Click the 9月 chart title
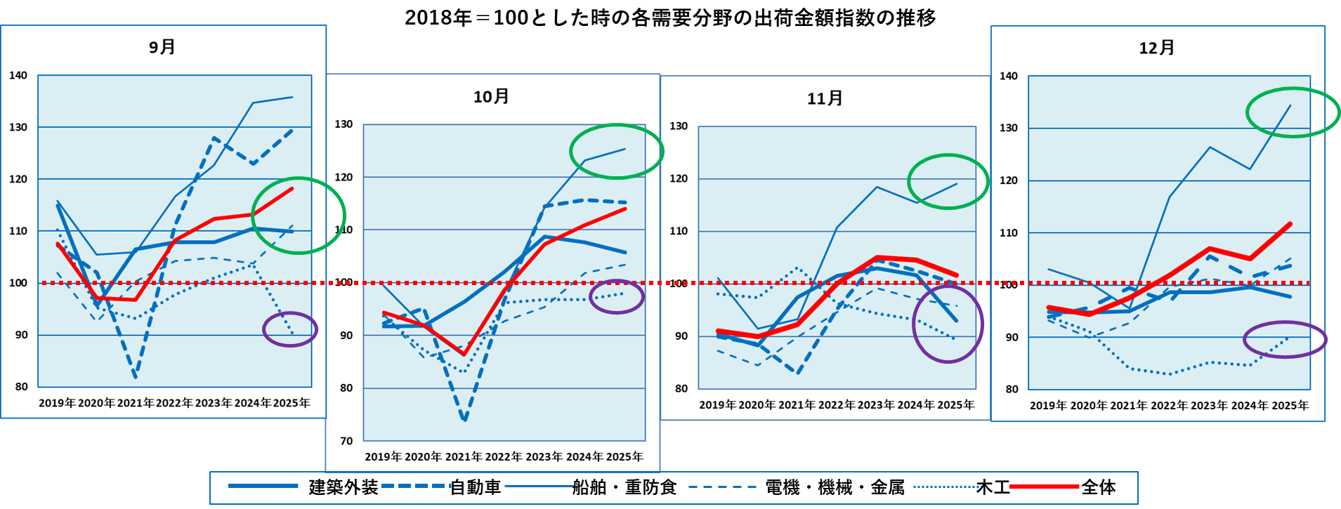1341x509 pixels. [x=162, y=47]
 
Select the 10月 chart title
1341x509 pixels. [x=491, y=96]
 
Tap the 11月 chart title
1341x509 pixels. [x=825, y=98]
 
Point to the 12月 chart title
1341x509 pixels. [x=1157, y=48]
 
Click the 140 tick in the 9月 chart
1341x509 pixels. [x=18, y=75]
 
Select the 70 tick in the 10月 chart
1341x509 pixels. [x=346, y=441]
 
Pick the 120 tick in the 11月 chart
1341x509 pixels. [x=679, y=178]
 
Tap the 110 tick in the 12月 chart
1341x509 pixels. [x=1009, y=232]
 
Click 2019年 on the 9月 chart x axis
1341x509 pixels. [x=57, y=403]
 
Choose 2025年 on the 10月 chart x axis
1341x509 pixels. [x=624, y=457]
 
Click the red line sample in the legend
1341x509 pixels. [x=1044, y=486]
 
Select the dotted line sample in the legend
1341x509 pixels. [x=947, y=486]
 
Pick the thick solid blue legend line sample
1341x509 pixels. [x=263, y=486]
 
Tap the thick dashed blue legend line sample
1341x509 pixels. [x=416, y=486]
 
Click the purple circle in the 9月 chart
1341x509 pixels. [x=290, y=329]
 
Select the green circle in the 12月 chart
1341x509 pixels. [x=1293, y=112]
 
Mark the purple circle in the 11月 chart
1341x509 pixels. [x=948, y=325]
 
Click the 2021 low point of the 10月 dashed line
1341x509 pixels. [x=465, y=420]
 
